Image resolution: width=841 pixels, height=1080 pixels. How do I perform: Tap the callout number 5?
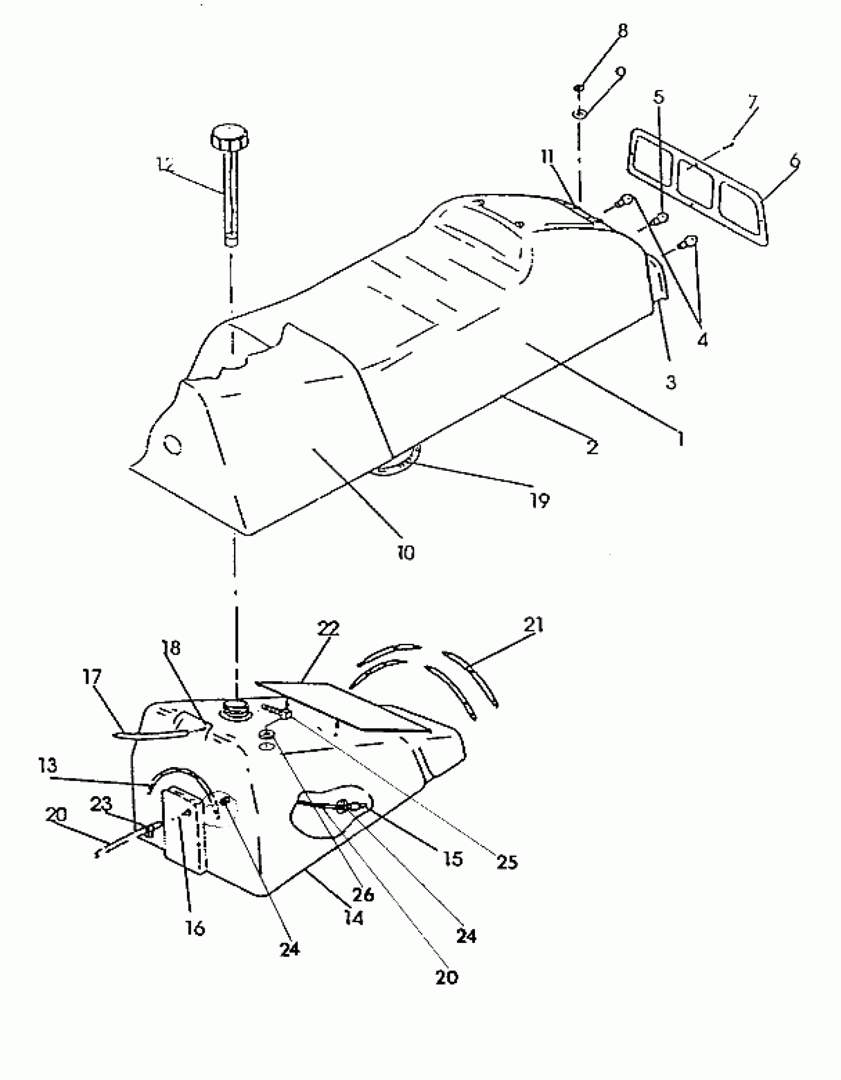pyautogui.click(x=658, y=97)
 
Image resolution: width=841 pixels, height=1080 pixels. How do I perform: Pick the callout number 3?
pyautogui.click(x=670, y=382)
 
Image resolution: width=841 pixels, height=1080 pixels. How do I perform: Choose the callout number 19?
pyautogui.click(x=539, y=501)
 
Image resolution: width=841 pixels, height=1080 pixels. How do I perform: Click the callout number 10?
pyautogui.click(x=405, y=553)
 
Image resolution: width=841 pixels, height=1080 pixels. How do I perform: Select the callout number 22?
pyautogui.click(x=328, y=629)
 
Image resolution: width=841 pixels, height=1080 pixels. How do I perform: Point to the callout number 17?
pyautogui.click(x=92, y=676)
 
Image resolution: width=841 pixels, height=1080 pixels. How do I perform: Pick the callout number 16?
pyautogui.click(x=195, y=928)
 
